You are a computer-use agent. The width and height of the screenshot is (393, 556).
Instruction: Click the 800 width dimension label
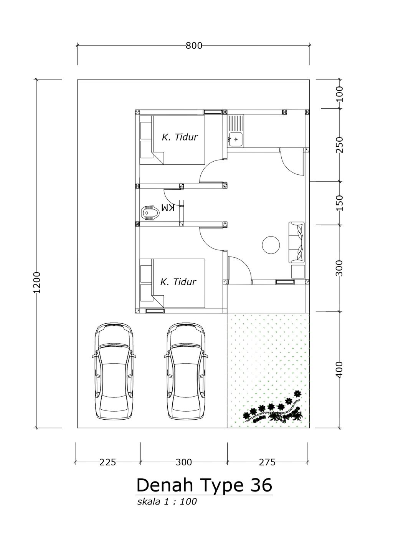click(x=194, y=46)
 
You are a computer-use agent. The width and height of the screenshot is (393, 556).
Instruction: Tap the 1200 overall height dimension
click(x=37, y=283)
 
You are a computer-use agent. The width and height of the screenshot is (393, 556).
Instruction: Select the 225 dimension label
click(x=107, y=462)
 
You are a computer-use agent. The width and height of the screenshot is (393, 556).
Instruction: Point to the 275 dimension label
click(x=267, y=462)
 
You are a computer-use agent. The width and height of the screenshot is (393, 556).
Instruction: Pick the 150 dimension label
click(x=339, y=203)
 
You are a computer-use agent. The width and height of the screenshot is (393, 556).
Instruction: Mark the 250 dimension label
click(x=339, y=145)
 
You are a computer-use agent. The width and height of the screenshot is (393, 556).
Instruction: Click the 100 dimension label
click(x=339, y=94)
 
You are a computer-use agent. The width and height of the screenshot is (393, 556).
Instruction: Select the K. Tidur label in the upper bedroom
click(x=180, y=137)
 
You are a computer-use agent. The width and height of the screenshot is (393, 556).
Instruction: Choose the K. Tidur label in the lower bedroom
click(x=178, y=282)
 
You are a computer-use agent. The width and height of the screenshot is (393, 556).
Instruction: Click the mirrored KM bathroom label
click(x=168, y=207)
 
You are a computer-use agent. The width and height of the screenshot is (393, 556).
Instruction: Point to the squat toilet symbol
click(x=150, y=212)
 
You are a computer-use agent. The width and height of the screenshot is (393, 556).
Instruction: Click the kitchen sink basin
click(x=235, y=139)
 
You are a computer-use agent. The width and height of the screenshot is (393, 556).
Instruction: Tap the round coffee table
click(x=271, y=245)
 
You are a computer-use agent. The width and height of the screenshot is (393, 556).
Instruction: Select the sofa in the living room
click(x=296, y=242)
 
